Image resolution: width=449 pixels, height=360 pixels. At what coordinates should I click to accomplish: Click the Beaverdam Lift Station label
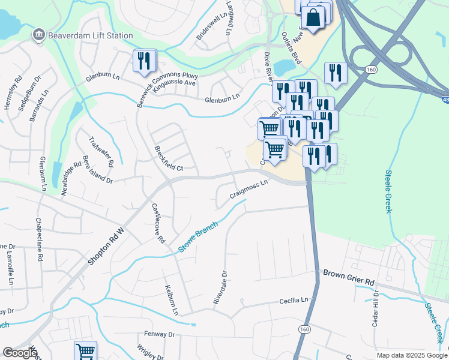pos(91,35)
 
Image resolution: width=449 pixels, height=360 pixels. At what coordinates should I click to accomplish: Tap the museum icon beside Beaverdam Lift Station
pos(40,35)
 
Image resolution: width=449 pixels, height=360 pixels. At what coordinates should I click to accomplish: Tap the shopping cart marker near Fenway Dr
pos(85,351)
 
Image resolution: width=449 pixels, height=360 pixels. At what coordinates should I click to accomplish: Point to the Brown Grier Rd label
pos(348,277)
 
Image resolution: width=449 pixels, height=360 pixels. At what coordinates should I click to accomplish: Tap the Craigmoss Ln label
pos(248,191)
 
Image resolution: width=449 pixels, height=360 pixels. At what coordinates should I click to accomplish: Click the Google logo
pos(20,352)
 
